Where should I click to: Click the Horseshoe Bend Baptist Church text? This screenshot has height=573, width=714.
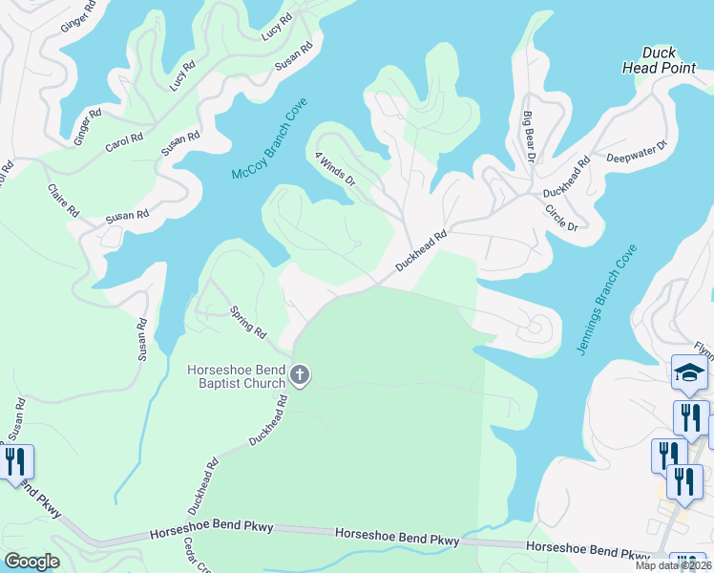237,377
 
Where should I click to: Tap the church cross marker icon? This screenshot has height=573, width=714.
300,375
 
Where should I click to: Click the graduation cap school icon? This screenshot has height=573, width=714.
689,373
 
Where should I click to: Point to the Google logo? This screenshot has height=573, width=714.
31,561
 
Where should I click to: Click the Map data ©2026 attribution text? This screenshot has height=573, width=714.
674,565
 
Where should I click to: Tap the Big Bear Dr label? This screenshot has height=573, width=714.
526,137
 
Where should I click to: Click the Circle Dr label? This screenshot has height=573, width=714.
560,216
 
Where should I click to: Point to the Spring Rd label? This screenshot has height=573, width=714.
247,322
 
